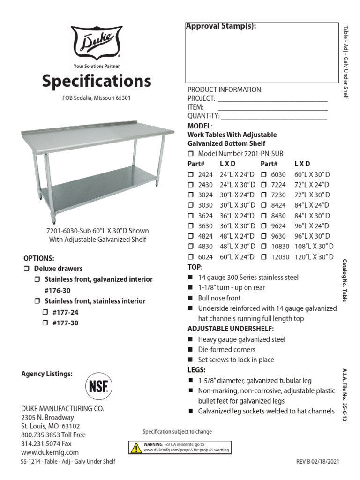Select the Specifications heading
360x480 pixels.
(x=97, y=81)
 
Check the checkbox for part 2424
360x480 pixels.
(x=191, y=174)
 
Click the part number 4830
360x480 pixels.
(x=205, y=247)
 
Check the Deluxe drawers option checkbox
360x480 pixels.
(x=26, y=269)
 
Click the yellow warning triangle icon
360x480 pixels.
(x=135, y=448)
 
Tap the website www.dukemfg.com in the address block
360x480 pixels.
(x=50, y=452)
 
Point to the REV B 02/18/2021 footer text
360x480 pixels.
(x=316, y=462)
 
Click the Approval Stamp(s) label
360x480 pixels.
(x=221, y=27)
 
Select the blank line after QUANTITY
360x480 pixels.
(x=274, y=116)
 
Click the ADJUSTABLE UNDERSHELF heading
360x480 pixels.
(x=231, y=329)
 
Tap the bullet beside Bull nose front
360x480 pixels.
(x=191, y=298)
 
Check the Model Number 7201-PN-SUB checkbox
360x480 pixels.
(x=191, y=154)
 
